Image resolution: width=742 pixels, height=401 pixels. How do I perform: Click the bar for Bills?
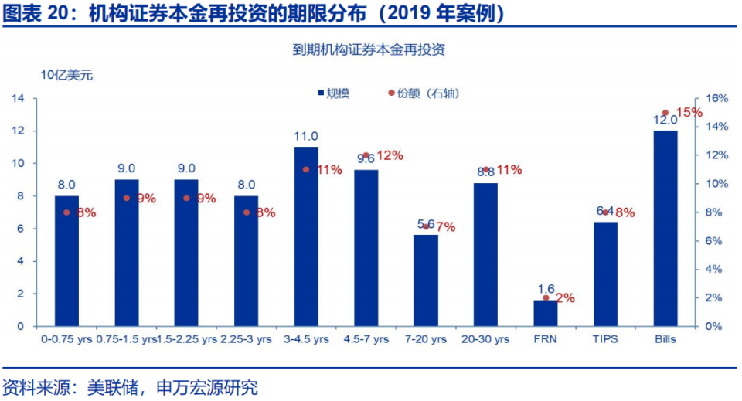[665, 228]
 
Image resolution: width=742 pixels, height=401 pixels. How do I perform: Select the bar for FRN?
[546, 313]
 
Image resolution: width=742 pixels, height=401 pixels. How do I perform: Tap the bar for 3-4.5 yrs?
[306, 236]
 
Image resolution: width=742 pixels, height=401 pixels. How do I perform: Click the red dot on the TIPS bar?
[605, 212]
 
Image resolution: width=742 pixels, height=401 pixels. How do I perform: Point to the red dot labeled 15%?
[665, 113]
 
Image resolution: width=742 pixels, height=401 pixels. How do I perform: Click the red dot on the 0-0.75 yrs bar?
[66, 212]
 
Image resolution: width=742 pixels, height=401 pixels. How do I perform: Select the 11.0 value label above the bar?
[306, 136]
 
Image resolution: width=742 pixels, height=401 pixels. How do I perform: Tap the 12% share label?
[390, 155]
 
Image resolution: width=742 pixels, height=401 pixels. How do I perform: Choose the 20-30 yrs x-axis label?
[485, 338]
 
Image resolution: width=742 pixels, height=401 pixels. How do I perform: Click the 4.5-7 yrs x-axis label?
[366, 338]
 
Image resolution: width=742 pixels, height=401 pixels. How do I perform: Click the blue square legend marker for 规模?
[318, 93]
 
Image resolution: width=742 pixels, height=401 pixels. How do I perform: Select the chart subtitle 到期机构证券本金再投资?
[369, 50]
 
